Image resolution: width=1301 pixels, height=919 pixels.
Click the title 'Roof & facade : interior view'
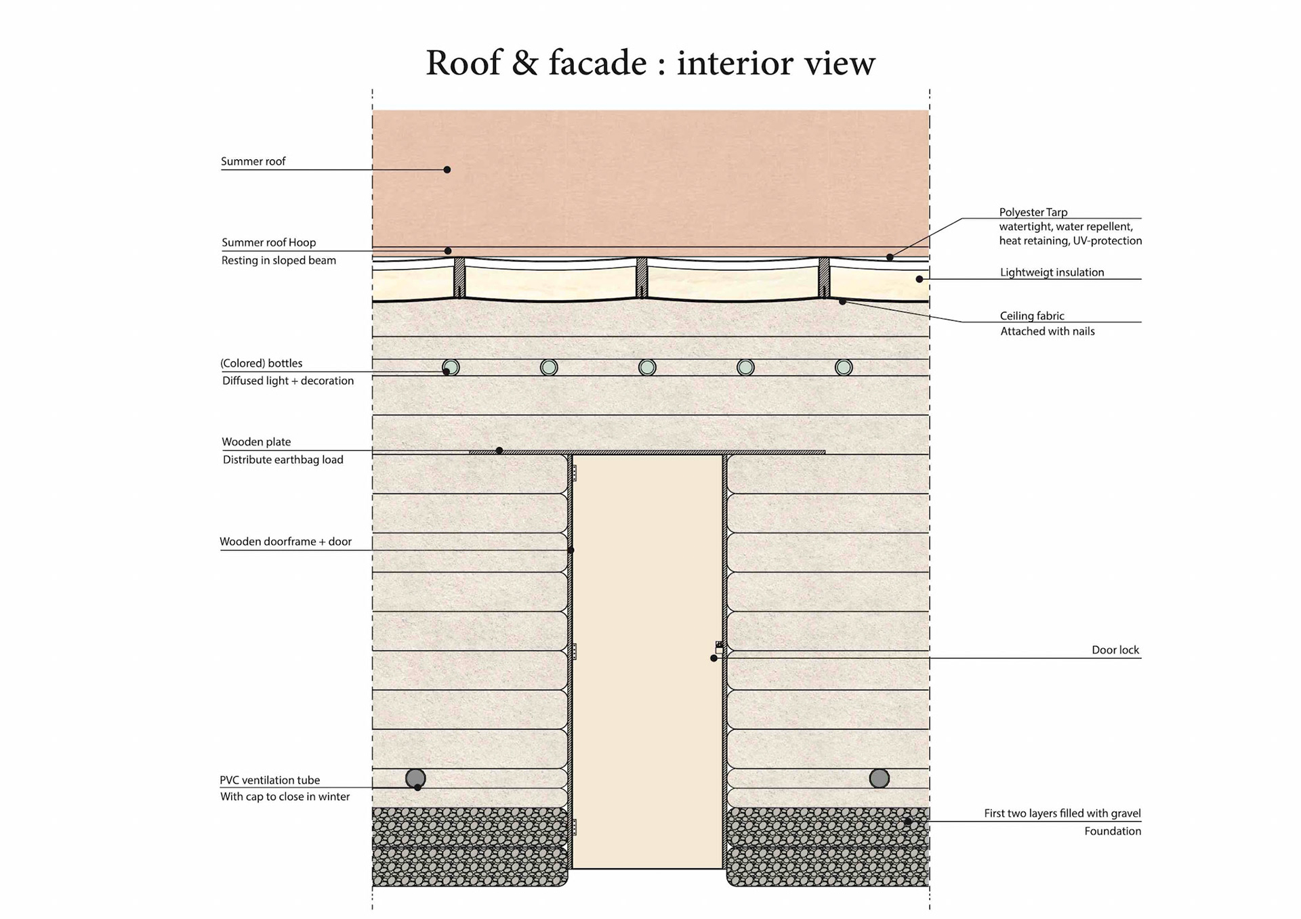pyautogui.click(x=650, y=63)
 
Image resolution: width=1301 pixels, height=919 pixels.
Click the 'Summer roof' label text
pyautogui.click(x=253, y=161)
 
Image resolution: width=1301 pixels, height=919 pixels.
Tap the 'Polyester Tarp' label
pyautogui.click(x=1033, y=212)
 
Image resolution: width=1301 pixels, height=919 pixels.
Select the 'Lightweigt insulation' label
pyautogui.click(x=1052, y=272)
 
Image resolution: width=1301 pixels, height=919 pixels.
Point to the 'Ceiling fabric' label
pyautogui.click(x=1031, y=316)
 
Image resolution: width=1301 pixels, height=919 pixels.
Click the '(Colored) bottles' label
pyautogui.click(x=262, y=363)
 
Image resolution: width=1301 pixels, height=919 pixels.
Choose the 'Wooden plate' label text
pyautogui.click(x=256, y=442)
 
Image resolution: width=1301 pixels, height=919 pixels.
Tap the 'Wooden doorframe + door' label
pyautogui.click(x=285, y=541)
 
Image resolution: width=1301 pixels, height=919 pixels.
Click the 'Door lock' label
pyautogui.click(x=1115, y=649)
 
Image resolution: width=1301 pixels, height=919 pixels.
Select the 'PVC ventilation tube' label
pyautogui.click(x=270, y=779)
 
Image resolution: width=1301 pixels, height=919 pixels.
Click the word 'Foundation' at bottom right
pyautogui.click(x=1112, y=831)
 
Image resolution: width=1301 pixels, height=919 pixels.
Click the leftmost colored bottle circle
pyautogui.click(x=451, y=367)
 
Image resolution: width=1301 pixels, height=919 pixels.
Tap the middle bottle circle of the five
pyautogui.click(x=647, y=367)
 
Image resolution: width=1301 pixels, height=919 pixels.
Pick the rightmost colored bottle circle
pyautogui.click(x=844, y=367)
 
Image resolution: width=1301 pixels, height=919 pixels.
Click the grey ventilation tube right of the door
pyautogui.click(x=879, y=778)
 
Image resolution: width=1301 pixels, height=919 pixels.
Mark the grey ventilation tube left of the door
pyautogui.click(x=415, y=778)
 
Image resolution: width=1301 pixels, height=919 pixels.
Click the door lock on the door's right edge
pyautogui.click(x=719, y=648)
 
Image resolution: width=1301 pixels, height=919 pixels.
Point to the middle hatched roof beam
pyautogui.click(x=642, y=277)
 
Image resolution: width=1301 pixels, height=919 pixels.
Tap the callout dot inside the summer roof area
pyautogui.click(x=447, y=169)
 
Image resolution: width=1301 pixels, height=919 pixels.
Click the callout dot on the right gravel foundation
pyautogui.click(x=908, y=821)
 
